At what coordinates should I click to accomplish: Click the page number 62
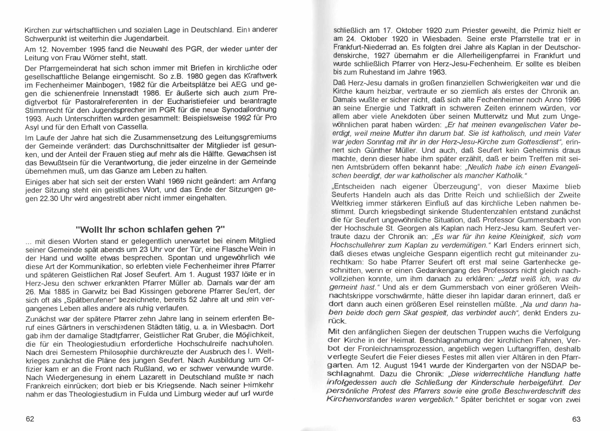pos(30,419)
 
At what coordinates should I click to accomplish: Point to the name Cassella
pos(132,127)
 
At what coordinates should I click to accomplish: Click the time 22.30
pos(50,199)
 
